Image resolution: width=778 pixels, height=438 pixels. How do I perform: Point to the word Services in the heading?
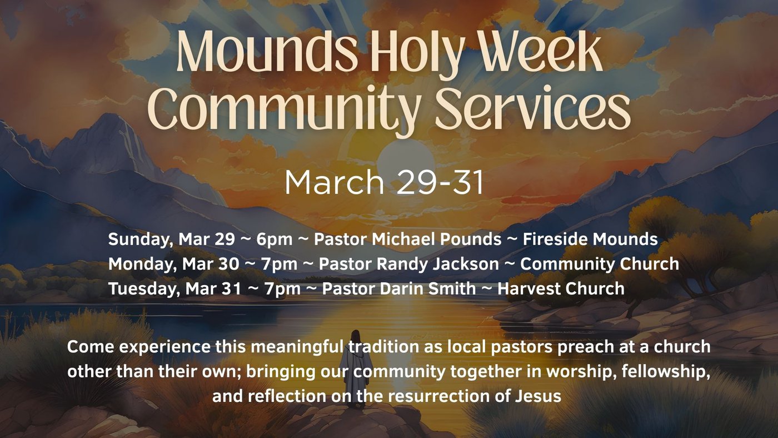click(533, 108)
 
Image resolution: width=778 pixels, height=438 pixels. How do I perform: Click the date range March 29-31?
click(384, 182)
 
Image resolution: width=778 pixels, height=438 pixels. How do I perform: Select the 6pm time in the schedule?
click(275, 240)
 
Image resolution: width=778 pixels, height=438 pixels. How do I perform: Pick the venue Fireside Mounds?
click(590, 240)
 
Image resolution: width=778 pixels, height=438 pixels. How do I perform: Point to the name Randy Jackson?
click(438, 264)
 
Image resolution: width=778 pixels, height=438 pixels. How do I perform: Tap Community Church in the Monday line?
click(600, 264)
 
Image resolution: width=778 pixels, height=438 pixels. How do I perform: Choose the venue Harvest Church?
click(561, 288)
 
